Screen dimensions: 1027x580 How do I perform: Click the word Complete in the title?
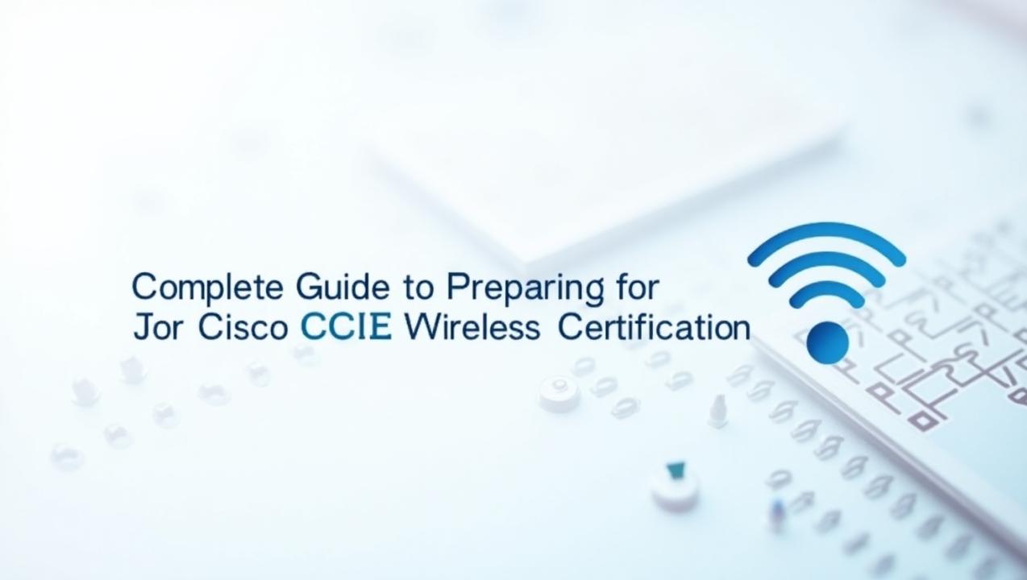[x=208, y=288]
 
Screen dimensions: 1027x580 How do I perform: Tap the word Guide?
[x=343, y=287]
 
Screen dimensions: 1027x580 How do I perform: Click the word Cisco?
[x=243, y=328]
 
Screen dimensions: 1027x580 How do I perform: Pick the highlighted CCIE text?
[x=347, y=328]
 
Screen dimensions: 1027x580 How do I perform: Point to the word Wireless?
[x=471, y=328]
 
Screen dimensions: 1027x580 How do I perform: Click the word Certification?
[x=654, y=328]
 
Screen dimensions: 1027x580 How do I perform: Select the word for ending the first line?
[x=636, y=287]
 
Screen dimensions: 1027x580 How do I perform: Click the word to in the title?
[x=418, y=288]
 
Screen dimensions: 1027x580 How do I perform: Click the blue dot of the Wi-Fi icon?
[x=828, y=342]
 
